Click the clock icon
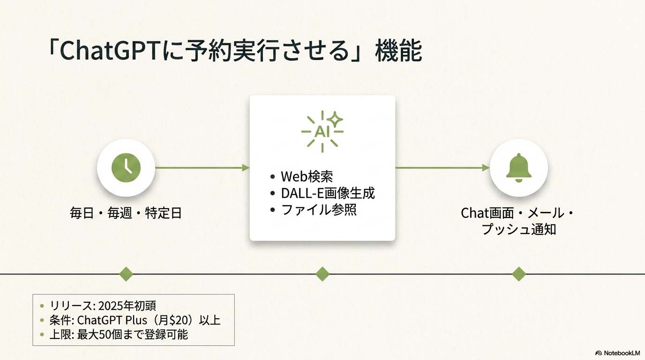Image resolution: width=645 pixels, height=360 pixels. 126,168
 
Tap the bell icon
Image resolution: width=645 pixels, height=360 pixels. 518,168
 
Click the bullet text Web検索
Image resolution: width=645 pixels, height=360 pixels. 307,177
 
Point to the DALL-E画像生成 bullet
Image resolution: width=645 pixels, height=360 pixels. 328,193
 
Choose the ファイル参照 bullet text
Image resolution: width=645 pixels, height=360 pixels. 319,209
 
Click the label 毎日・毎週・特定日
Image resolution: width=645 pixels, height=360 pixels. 126,213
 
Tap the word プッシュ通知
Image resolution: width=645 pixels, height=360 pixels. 518,229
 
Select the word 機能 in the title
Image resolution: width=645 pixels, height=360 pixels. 398,52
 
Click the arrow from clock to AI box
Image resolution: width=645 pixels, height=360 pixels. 202,168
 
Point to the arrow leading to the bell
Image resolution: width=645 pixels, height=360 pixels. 442,168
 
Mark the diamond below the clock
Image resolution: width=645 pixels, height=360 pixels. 126,274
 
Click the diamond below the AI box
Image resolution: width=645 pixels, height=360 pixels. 322,274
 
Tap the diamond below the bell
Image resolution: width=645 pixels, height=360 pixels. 518,274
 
